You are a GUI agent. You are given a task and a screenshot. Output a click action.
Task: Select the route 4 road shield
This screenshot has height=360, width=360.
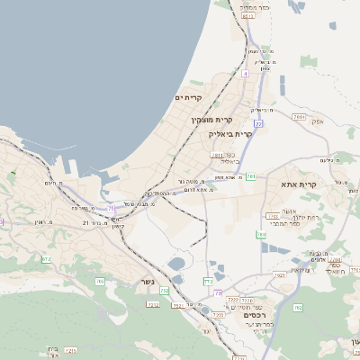pyautogui.click(x=243, y=74)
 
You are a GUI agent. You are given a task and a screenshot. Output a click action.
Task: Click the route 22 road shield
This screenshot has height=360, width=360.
pyautogui.click(x=259, y=123)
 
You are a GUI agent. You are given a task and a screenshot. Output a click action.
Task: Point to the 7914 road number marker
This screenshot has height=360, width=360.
pyautogui.click(x=299, y=117)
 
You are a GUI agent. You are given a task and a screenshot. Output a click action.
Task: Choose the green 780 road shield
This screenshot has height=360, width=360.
pyautogui.click(x=261, y=235)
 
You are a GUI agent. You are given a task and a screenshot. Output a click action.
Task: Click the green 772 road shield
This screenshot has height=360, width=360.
pyautogui.click(x=209, y=281)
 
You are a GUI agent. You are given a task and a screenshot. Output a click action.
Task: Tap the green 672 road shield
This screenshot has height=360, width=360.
pyautogui.click(x=46, y=259)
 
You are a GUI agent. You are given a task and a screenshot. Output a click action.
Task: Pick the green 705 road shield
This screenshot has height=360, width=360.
pyautogui.click(x=100, y=282)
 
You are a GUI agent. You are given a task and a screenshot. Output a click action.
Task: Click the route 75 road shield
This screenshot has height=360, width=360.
pyautogui.click(x=112, y=208)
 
